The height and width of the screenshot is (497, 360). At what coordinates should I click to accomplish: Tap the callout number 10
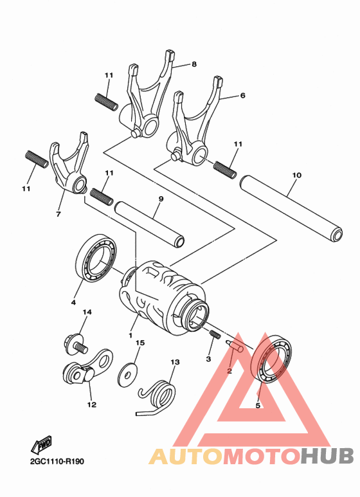pos(296,174)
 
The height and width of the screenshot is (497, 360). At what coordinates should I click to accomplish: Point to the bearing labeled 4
pos(96,258)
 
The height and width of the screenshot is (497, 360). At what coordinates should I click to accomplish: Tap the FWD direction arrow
pos(42,444)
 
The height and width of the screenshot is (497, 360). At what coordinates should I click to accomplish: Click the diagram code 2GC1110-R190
pos(57,462)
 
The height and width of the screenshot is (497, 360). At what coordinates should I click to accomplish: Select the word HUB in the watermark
pos(327,456)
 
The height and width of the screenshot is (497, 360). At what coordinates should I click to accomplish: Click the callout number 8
pos(194,64)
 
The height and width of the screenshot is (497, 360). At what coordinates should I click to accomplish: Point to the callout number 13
pos(174,362)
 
